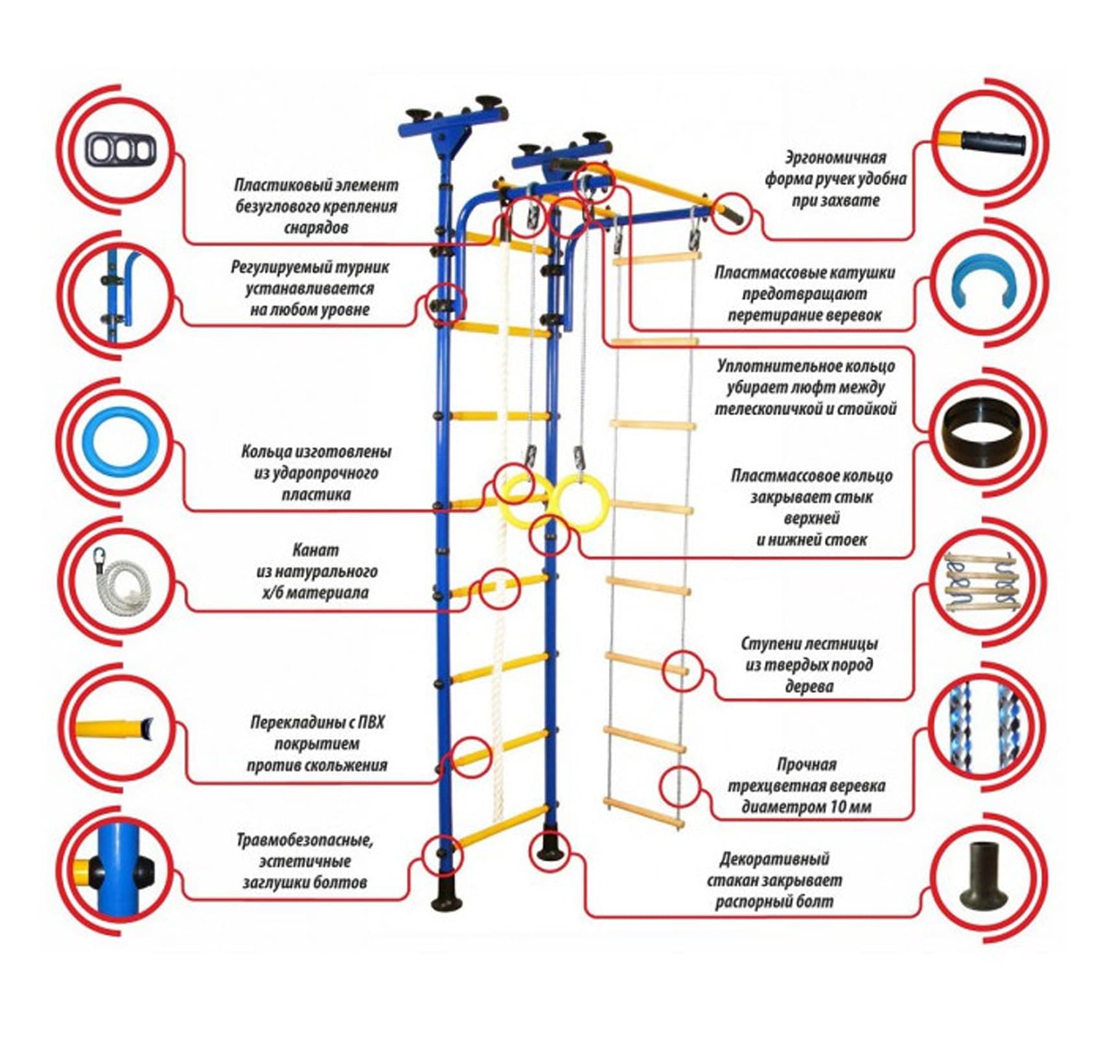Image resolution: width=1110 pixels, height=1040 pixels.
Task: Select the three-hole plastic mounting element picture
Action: [121, 150]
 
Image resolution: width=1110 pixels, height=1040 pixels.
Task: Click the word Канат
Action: [316, 550]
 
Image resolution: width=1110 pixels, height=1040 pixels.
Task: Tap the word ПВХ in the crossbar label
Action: [369, 722]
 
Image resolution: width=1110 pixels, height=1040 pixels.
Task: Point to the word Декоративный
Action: [774, 859]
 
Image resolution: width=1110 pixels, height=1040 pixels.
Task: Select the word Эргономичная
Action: [835, 157]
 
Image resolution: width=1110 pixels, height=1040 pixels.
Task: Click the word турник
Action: [365, 267]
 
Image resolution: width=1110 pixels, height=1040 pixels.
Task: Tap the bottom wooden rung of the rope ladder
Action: [643, 813]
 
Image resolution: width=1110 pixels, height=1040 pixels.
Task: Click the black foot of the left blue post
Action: [445, 897]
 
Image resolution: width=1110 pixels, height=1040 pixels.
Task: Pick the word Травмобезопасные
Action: [305, 841]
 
